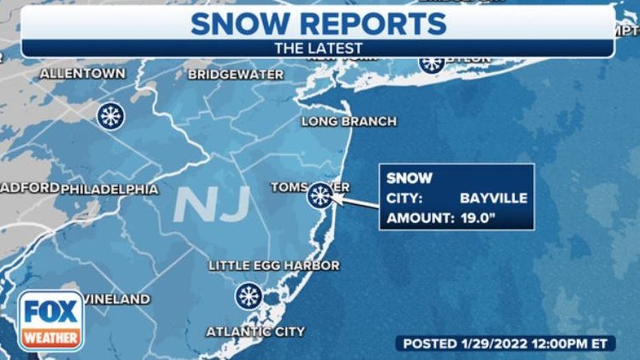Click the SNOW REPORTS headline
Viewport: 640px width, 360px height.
(x=319, y=23)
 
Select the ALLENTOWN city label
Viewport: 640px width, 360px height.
(x=82, y=74)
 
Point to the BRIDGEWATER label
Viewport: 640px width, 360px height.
(x=236, y=75)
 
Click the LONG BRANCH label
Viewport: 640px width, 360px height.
(x=349, y=122)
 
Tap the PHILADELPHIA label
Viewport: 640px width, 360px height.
(x=109, y=189)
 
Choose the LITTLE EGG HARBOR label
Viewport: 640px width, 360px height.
(x=273, y=265)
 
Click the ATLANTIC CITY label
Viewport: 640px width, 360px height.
(x=255, y=332)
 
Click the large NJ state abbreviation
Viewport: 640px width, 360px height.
(x=211, y=204)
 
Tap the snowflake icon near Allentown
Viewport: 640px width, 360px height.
(x=110, y=115)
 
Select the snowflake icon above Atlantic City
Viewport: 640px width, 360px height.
(x=249, y=296)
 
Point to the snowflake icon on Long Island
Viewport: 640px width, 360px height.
(x=431, y=63)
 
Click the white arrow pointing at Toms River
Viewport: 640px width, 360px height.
(x=356, y=202)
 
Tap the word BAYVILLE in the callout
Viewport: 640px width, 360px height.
(x=494, y=199)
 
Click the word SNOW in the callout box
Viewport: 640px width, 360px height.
(x=409, y=179)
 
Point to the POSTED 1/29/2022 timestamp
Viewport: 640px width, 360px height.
(x=505, y=343)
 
